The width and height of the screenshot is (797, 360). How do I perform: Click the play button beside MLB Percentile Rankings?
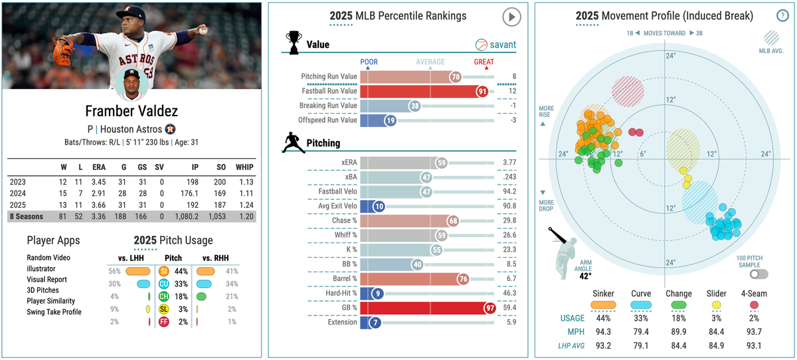pyautogui.click(x=511, y=17)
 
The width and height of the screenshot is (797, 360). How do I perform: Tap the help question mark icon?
pyautogui.click(x=782, y=17)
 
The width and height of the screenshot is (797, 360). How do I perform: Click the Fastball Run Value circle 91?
pyautogui.click(x=483, y=91)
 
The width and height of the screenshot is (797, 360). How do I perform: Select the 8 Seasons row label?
pyautogui.click(x=27, y=217)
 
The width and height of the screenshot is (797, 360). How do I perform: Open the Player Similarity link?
pyautogui.click(x=50, y=301)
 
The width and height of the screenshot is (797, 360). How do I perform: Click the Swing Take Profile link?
pyautogui.click(x=54, y=312)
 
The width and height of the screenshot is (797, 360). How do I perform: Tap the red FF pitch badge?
pyautogui.click(x=163, y=321)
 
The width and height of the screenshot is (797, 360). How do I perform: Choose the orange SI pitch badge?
pyautogui.click(x=163, y=271)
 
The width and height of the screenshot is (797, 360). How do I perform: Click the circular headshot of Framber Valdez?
pyautogui.click(x=132, y=82)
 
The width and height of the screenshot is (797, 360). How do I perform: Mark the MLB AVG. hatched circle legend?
pyautogui.click(x=772, y=37)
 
